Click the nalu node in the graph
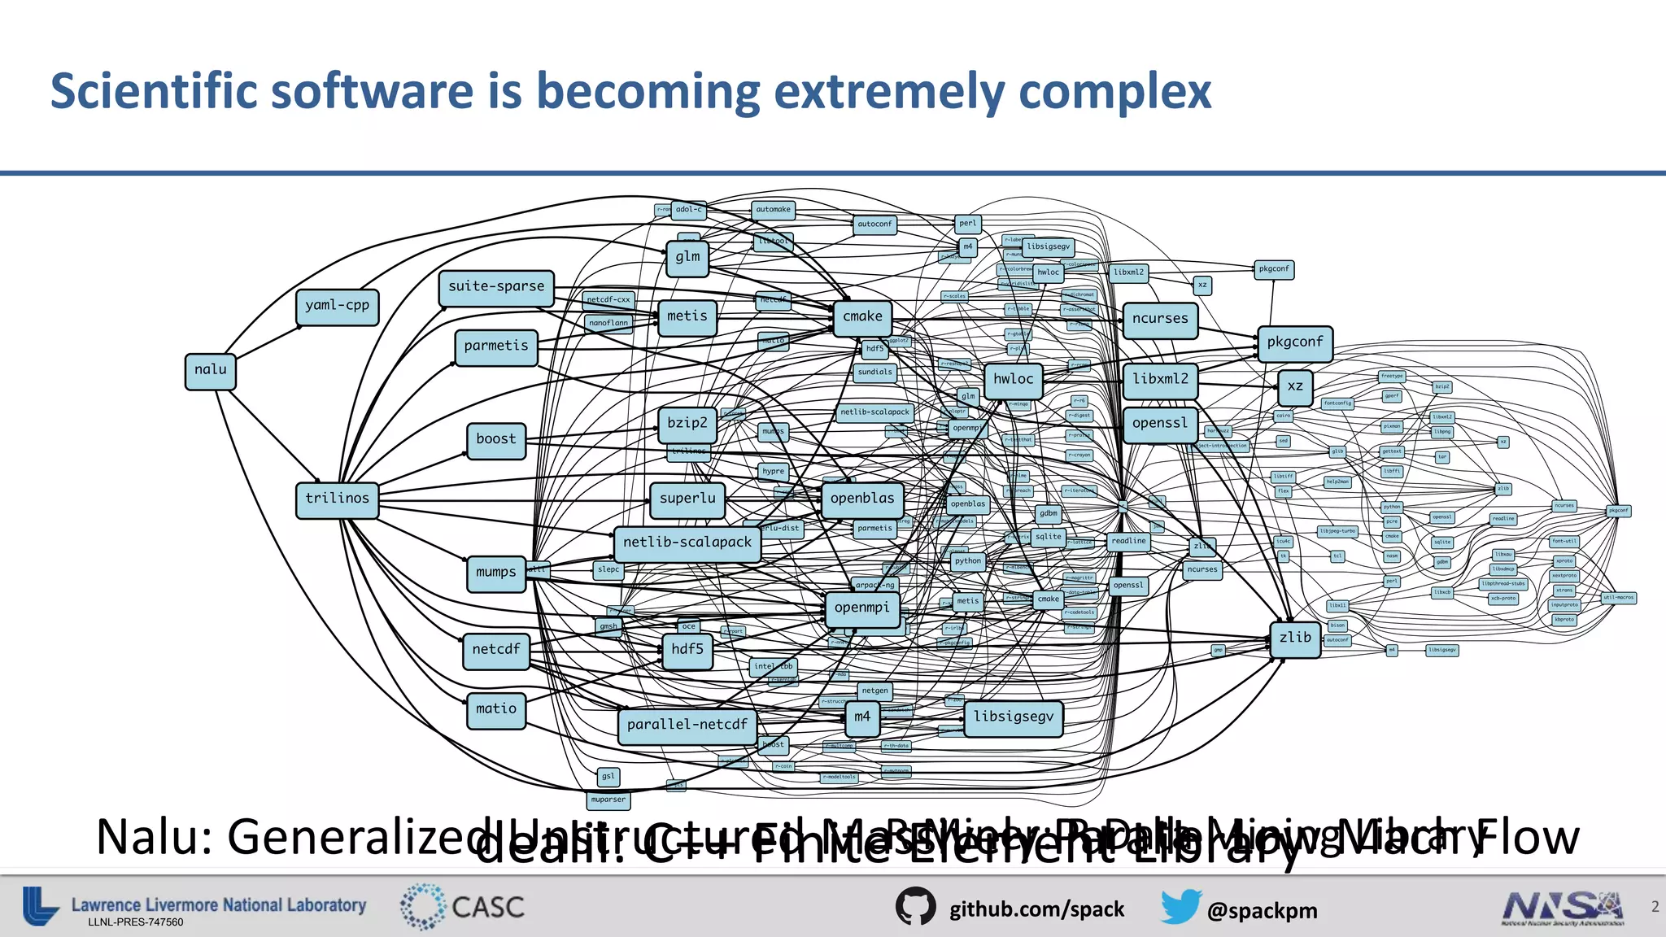[211, 371]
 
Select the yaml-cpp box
[337, 307]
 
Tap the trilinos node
[337, 499]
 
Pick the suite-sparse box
[496, 288]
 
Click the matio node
[496, 710]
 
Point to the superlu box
[687, 499]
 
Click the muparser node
[608, 800]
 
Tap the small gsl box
[608, 777]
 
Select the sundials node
[874, 373]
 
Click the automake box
[773, 210]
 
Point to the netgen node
[874, 691]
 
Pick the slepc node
[608, 569]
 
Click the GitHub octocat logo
[915, 907]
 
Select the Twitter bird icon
[1180, 907]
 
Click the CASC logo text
[487, 907]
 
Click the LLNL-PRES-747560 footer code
[136, 922]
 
